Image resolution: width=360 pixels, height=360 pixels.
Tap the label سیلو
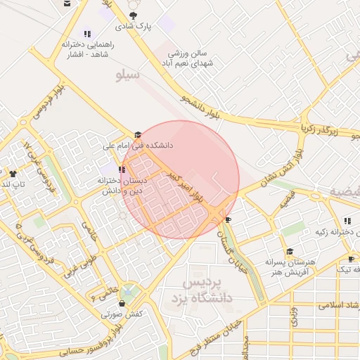click(128, 73)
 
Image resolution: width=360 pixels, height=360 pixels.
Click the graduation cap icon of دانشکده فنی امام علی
click(138, 134)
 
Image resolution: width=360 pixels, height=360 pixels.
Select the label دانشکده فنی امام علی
click(138, 146)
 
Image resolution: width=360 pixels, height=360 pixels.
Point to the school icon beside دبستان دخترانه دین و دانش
click(122, 169)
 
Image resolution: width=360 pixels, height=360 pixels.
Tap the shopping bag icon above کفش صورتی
click(122, 304)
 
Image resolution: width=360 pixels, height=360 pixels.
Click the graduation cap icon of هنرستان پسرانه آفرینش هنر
click(289, 252)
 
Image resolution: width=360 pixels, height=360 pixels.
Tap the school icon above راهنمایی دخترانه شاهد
click(87, 33)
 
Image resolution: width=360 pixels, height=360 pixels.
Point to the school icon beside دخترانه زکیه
click(347, 221)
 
